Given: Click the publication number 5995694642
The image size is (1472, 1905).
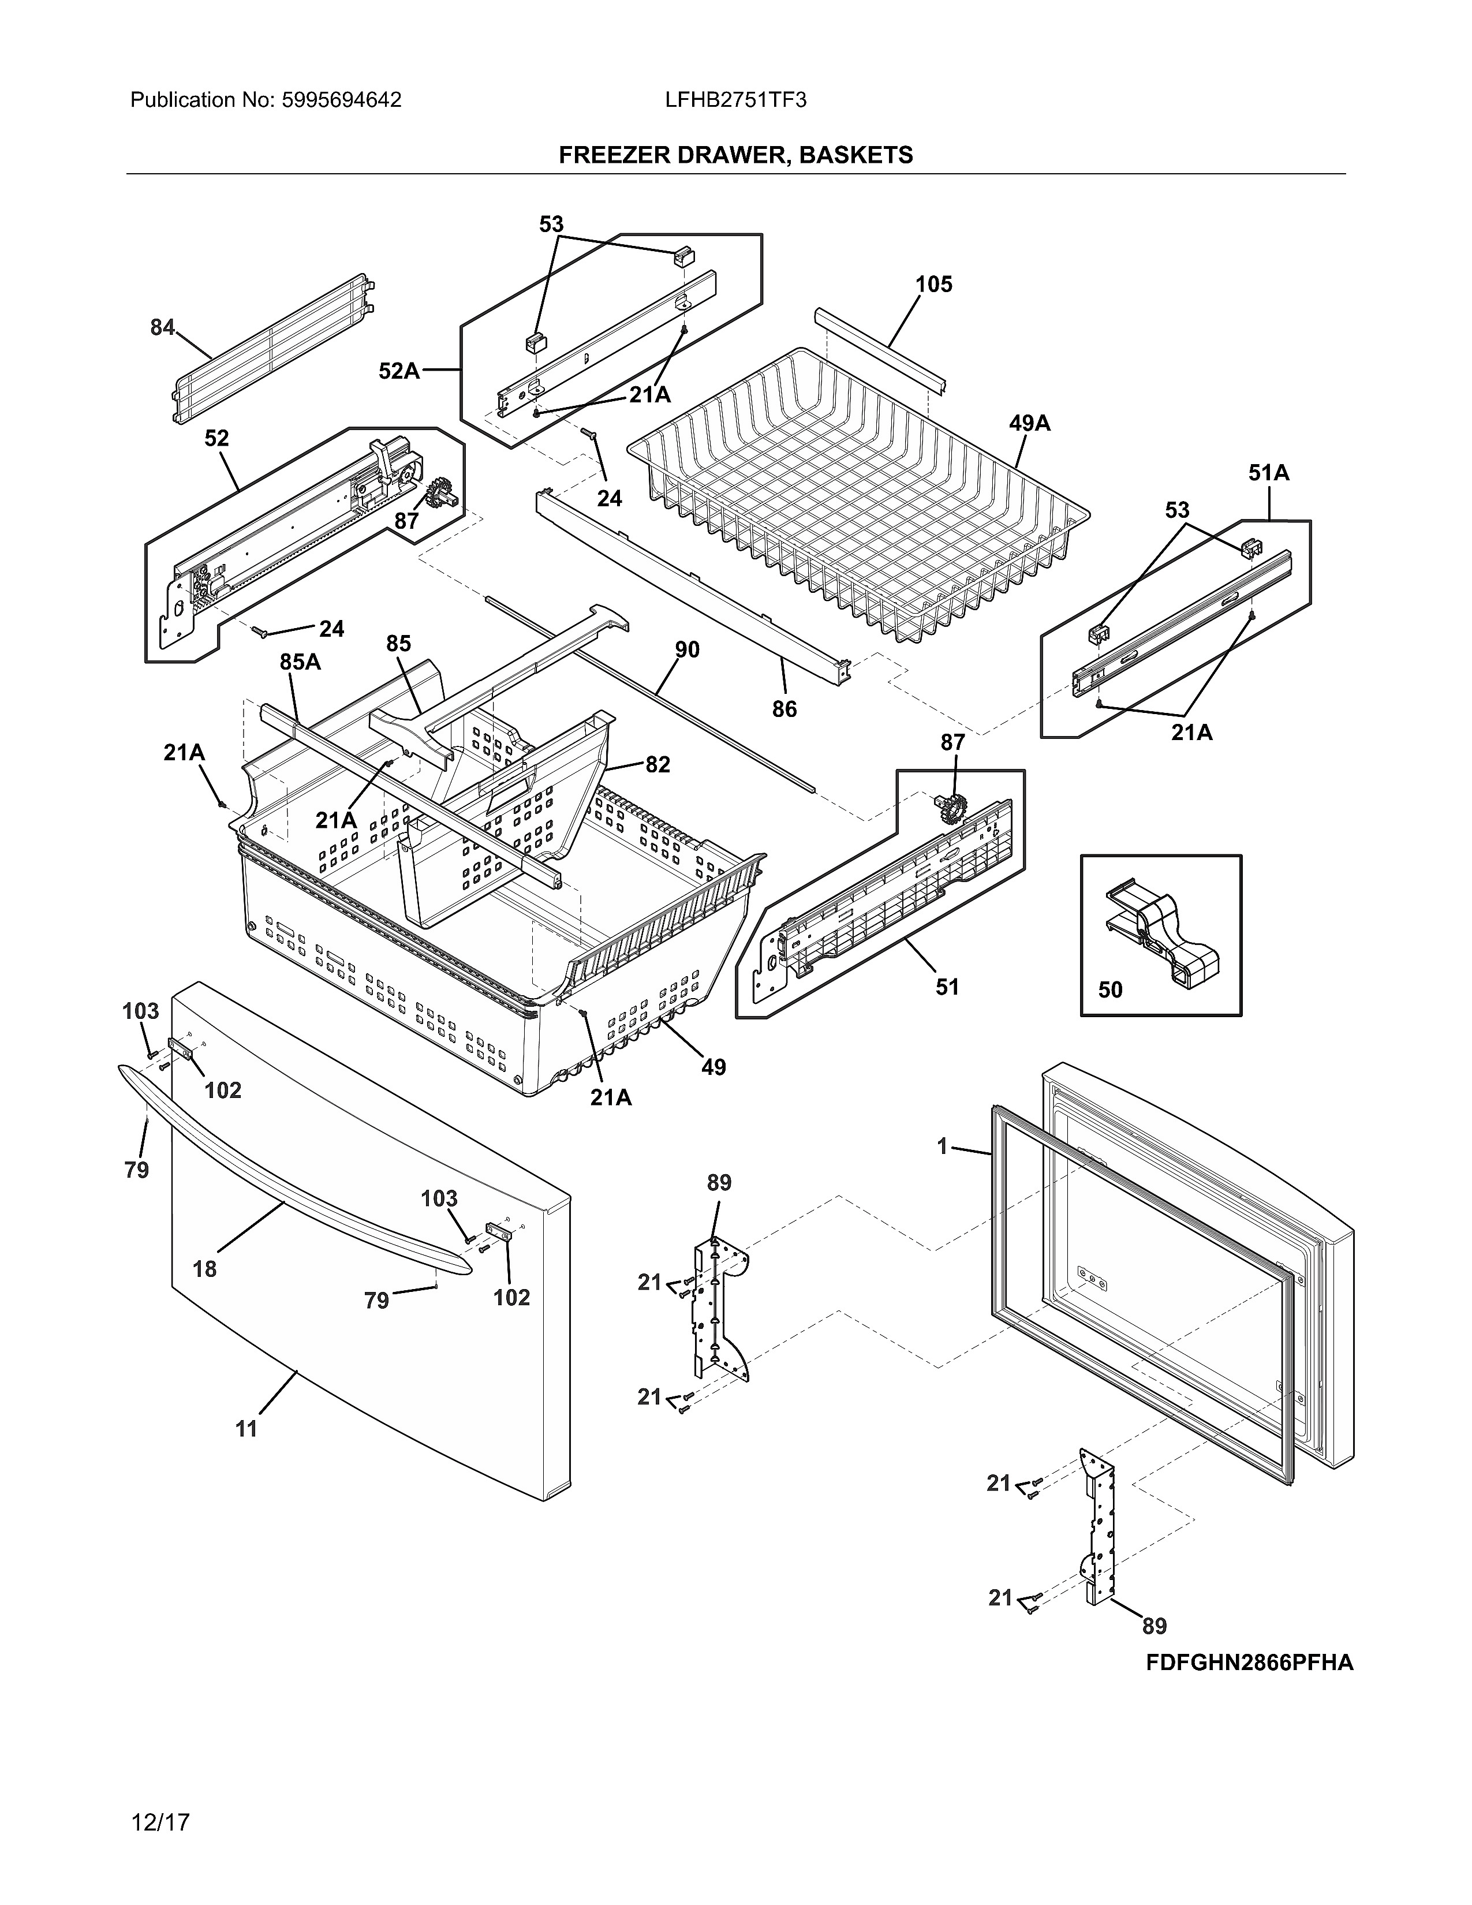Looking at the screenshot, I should click(x=341, y=100).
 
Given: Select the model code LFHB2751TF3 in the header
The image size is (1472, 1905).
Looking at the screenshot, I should click(x=735, y=100).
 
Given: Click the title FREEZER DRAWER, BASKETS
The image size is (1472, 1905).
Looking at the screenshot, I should click(x=735, y=155).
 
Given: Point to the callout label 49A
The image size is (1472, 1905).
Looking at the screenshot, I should click(x=1029, y=424).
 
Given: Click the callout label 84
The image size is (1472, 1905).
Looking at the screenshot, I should click(x=162, y=328).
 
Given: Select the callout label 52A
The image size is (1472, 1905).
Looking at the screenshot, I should click(x=398, y=372).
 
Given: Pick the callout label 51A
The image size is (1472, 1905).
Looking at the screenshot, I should click(x=1268, y=473).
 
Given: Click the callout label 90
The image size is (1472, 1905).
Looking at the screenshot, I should click(x=687, y=650).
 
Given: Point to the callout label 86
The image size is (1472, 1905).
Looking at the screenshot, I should click(x=784, y=709).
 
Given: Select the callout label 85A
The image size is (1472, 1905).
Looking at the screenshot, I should click(x=300, y=663).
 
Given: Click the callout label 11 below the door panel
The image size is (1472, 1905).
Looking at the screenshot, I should click(x=247, y=1429).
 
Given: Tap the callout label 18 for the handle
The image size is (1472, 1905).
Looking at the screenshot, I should click(x=205, y=1269).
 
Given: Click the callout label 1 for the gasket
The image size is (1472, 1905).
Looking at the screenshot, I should click(x=942, y=1147).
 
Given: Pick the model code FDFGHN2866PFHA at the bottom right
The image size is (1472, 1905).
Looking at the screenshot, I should click(x=1249, y=1663).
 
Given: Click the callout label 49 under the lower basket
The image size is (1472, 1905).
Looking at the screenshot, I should click(x=712, y=1067).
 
